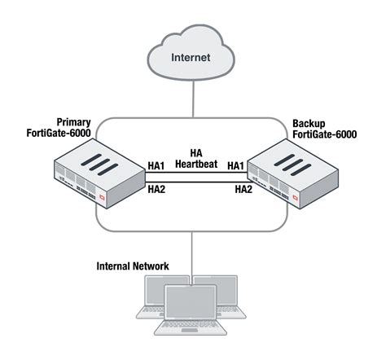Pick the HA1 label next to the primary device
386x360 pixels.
tap(157, 165)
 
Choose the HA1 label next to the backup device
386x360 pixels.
tap(237, 165)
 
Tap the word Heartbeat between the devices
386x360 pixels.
tap(195, 164)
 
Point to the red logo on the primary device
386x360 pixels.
tap(103, 197)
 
